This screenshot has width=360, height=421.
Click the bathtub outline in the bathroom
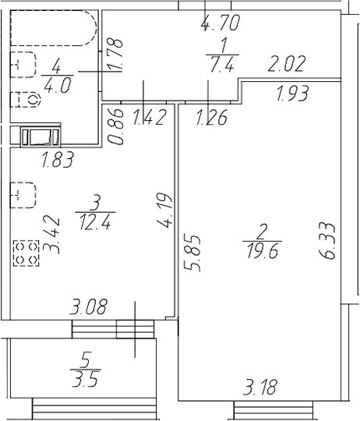53,45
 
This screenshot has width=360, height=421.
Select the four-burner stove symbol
26,253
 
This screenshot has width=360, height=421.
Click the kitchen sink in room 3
23,195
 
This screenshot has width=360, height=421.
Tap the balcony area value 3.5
86,379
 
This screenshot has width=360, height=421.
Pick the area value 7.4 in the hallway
222,65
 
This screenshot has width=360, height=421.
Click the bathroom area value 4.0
57,87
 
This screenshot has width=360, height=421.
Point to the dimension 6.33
327,241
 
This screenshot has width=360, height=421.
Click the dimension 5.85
192,253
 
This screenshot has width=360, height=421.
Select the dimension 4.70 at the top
220,23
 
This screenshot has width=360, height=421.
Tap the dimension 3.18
259,387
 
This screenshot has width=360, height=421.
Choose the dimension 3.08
89,306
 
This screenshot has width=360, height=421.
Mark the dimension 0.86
116,126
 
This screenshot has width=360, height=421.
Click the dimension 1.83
58,160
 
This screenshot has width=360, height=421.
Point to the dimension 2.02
287,64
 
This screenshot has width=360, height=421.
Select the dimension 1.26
212,117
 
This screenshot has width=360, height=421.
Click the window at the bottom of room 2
274,411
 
